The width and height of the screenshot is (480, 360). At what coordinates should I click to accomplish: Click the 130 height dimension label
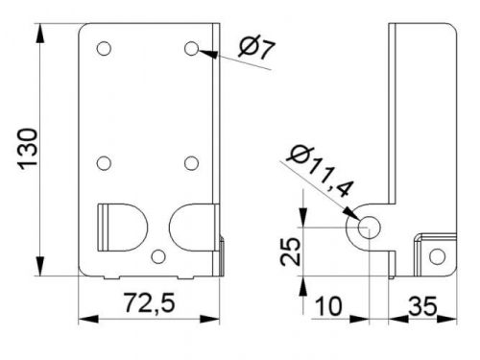[28, 150]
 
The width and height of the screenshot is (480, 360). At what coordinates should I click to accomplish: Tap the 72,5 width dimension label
[150, 302]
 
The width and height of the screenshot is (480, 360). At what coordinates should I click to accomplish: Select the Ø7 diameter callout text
[256, 49]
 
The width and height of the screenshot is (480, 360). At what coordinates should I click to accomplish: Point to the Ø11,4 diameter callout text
[321, 171]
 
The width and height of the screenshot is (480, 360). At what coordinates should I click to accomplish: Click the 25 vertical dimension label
[291, 252]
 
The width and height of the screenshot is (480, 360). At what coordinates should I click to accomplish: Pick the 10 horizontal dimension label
[329, 306]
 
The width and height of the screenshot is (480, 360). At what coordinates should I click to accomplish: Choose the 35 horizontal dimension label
[422, 306]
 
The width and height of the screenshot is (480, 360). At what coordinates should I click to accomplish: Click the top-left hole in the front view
[104, 49]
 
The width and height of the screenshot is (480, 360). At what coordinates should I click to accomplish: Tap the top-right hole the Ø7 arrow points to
[191, 49]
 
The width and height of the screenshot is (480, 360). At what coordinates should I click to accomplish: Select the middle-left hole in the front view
[104, 163]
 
